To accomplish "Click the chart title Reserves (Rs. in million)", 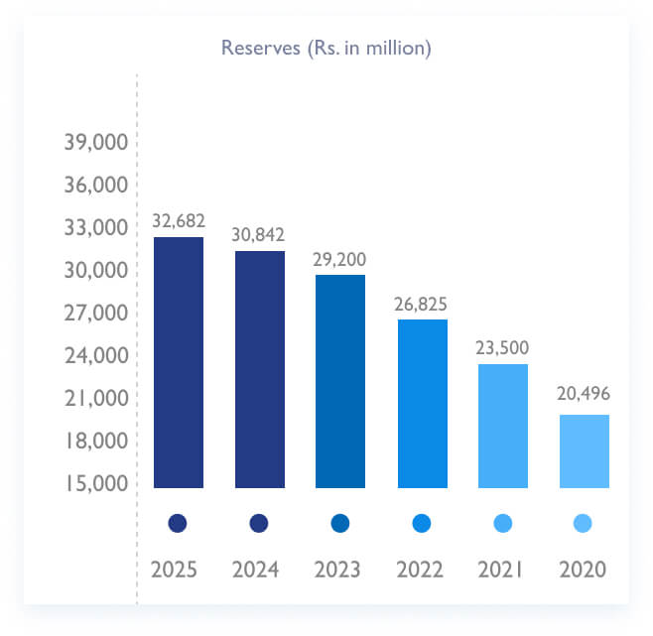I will coord(326,48).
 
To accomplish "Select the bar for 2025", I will coord(179,362).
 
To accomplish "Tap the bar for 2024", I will coord(259,369).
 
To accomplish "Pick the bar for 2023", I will coord(339,381).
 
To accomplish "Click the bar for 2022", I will coord(422,403).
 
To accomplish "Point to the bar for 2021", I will coord(502,426).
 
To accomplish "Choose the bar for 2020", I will coord(584,450).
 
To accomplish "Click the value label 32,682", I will coord(178,220).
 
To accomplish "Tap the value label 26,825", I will coord(422,303).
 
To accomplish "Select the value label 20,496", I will coord(584,394).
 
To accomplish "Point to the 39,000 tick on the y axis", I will coord(96,143).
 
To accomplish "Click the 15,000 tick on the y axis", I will coord(96,483).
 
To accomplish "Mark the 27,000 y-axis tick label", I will coord(96,314).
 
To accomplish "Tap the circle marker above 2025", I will coord(178,523).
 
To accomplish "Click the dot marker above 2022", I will coord(422,523).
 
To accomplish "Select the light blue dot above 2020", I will coord(584,523).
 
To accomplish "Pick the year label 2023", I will coord(339,571).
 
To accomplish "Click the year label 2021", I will coord(502,571).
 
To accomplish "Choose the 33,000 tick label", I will coord(96,228).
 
